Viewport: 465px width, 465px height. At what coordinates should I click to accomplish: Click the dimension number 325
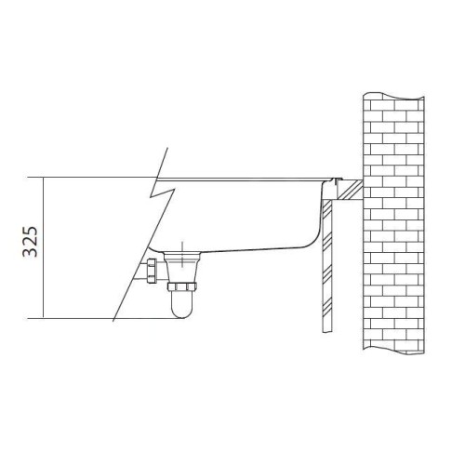30,242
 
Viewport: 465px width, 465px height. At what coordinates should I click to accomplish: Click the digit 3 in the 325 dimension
30,252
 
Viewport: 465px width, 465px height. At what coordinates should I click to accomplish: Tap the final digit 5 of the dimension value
30,232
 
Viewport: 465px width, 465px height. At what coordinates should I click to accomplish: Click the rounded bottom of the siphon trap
181,313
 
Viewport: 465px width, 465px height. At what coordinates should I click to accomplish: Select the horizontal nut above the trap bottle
181,286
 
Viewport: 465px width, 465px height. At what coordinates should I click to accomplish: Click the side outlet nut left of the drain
151,271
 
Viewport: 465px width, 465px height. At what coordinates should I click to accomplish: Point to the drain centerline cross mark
182,254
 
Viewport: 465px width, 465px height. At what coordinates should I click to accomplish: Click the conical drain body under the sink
182,268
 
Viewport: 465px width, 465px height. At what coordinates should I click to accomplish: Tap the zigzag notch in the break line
163,193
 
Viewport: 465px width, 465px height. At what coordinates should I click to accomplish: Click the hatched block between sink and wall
350,190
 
